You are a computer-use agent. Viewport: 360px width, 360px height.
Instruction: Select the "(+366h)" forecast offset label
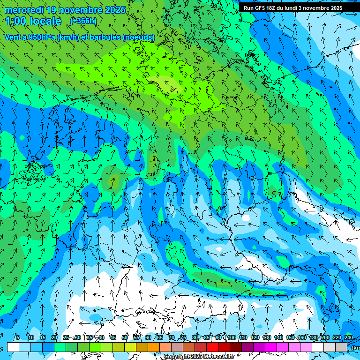tap(83, 21)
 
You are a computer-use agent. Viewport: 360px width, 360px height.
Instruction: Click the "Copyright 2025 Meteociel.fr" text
tap(199, 357)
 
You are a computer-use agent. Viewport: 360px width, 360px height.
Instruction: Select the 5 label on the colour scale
tap(18, 337)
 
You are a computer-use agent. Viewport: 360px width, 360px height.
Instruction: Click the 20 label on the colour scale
tap(54, 337)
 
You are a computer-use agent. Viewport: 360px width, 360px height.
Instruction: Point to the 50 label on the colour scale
tap(125, 337)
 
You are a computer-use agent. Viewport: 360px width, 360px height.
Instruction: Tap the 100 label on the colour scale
tap(232, 337)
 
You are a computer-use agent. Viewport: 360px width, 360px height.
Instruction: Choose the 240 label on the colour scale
tap(349, 337)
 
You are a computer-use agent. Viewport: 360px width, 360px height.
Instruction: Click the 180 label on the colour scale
tap(314, 337)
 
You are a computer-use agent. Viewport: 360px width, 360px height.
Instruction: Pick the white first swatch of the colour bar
tap(13, 347)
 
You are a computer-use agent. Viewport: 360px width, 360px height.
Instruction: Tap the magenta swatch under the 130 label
tap(271, 347)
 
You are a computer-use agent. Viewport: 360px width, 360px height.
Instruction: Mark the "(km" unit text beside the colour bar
tap(355, 348)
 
